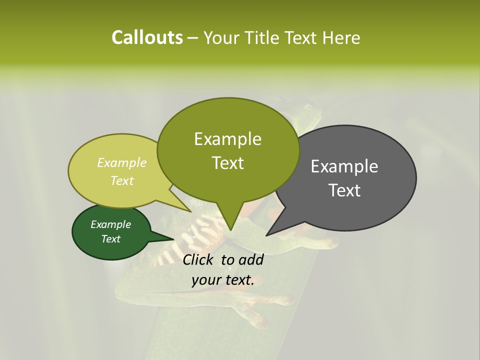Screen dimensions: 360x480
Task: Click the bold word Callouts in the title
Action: click(147, 37)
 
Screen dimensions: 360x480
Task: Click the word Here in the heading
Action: click(341, 37)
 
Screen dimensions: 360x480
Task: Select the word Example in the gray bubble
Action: click(344, 166)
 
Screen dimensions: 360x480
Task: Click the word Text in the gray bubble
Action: click(344, 190)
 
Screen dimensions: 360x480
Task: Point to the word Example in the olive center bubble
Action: click(227, 139)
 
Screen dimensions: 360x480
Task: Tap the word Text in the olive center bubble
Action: click(227, 163)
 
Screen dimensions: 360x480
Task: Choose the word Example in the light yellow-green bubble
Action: click(122, 162)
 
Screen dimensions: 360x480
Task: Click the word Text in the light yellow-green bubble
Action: click(122, 180)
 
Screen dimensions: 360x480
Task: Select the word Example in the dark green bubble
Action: click(111, 224)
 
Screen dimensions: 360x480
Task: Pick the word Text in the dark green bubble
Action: click(111, 239)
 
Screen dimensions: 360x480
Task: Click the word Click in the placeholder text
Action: click(199, 259)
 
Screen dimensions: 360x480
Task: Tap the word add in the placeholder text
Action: click(251, 259)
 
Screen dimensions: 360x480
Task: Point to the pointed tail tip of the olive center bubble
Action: click(230, 230)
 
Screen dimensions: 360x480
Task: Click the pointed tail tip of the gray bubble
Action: click(266, 235)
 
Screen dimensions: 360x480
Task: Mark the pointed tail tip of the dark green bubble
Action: click(174, 239)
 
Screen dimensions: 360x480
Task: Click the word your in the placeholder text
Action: click(206, 280)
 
